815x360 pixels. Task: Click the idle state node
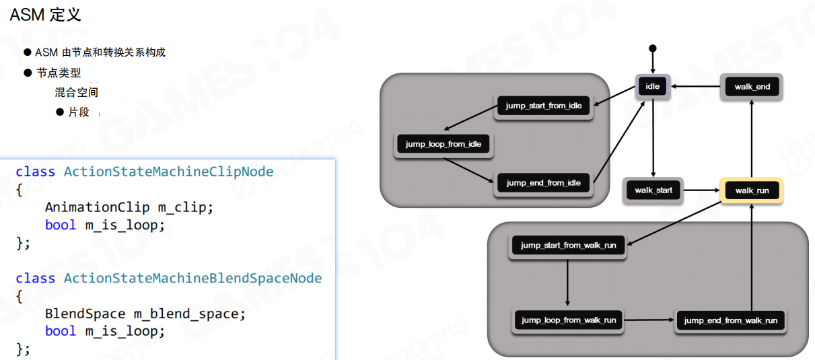652,86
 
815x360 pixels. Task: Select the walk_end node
752,87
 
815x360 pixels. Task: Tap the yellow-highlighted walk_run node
752,190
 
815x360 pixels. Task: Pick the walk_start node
653,190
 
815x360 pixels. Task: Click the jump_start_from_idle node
543,106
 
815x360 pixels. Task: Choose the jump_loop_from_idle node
444,144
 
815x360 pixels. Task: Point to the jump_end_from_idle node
543,182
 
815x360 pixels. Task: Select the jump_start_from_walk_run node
568,246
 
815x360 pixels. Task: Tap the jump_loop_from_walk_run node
568,320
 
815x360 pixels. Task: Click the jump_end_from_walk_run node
730,320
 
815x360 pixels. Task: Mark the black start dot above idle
652,48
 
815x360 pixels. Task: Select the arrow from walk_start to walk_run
701,190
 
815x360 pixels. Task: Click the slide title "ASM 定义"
45,15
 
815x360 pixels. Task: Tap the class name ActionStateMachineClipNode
168,172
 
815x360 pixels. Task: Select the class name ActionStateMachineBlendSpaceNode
192,278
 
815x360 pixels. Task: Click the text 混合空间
77,92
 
